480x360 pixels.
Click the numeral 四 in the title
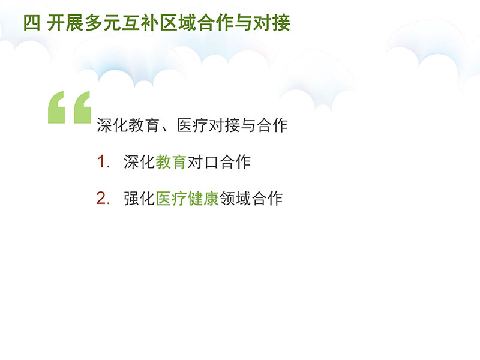coord(32,23)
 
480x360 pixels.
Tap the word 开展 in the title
coord(65,23)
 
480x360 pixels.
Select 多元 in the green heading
coord(103,23)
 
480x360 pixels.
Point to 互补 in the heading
coord(140,23)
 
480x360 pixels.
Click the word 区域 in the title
coord(178,23)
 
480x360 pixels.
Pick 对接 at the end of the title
coord(272,23)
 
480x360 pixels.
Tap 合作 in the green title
coord(215,23)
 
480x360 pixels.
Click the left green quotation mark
coord(56,107)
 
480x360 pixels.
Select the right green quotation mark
coord(83,107)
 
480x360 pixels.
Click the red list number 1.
coord(101,161)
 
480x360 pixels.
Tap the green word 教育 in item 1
coord(171,161)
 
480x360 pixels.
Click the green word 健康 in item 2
coord(203,199)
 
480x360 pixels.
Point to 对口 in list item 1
coord(203,161)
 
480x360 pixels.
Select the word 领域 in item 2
coord(235,199)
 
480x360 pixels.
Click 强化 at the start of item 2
coord(139,199)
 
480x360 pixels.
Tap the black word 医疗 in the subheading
coord(192,125)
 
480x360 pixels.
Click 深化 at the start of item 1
coord(139,161)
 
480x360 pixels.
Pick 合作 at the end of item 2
coord(266,199)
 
